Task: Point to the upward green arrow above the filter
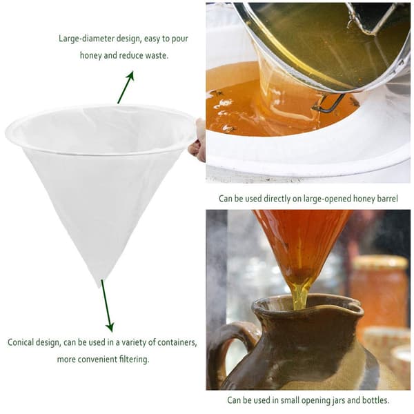[x=126, y=87]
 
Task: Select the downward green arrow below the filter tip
[x=108, y=306]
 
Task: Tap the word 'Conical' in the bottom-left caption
[x=21, y=342]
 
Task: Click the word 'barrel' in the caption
[x=386, y=199]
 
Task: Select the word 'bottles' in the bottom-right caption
[x=376, y=400]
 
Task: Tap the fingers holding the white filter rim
[x=197, y=141]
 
